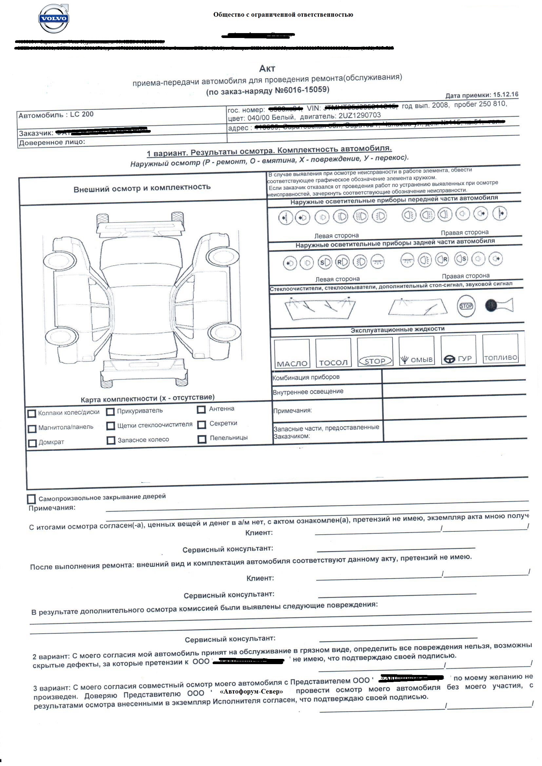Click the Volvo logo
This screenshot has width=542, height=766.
click(53, 19)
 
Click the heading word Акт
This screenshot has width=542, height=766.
click(267, 68)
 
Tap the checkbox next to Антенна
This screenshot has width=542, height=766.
click(201, 409)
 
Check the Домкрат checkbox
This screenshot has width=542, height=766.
click(32, 443)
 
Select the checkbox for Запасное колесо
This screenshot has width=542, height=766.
click(111, 440)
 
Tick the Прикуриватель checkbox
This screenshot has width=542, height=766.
click(110, 412)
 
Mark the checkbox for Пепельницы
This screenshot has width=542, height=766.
click(202, 439)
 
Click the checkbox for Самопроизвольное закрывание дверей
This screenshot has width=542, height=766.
click(31, 499)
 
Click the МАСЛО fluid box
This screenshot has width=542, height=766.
click(292, 353)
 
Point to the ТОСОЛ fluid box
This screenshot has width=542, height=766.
click(333, 352)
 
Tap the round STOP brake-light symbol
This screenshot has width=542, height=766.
click(466, 306)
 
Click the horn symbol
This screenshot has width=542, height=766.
click(499, 305)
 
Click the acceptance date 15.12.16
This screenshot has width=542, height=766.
click(506, 94)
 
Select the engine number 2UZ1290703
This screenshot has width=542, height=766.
click(359, 116)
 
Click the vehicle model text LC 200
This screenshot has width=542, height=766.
click(82, 114)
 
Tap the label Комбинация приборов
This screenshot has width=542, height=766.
click(306, 378)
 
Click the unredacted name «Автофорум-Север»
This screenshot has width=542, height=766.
click(251, 691)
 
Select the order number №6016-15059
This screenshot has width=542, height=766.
click(302, 90)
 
